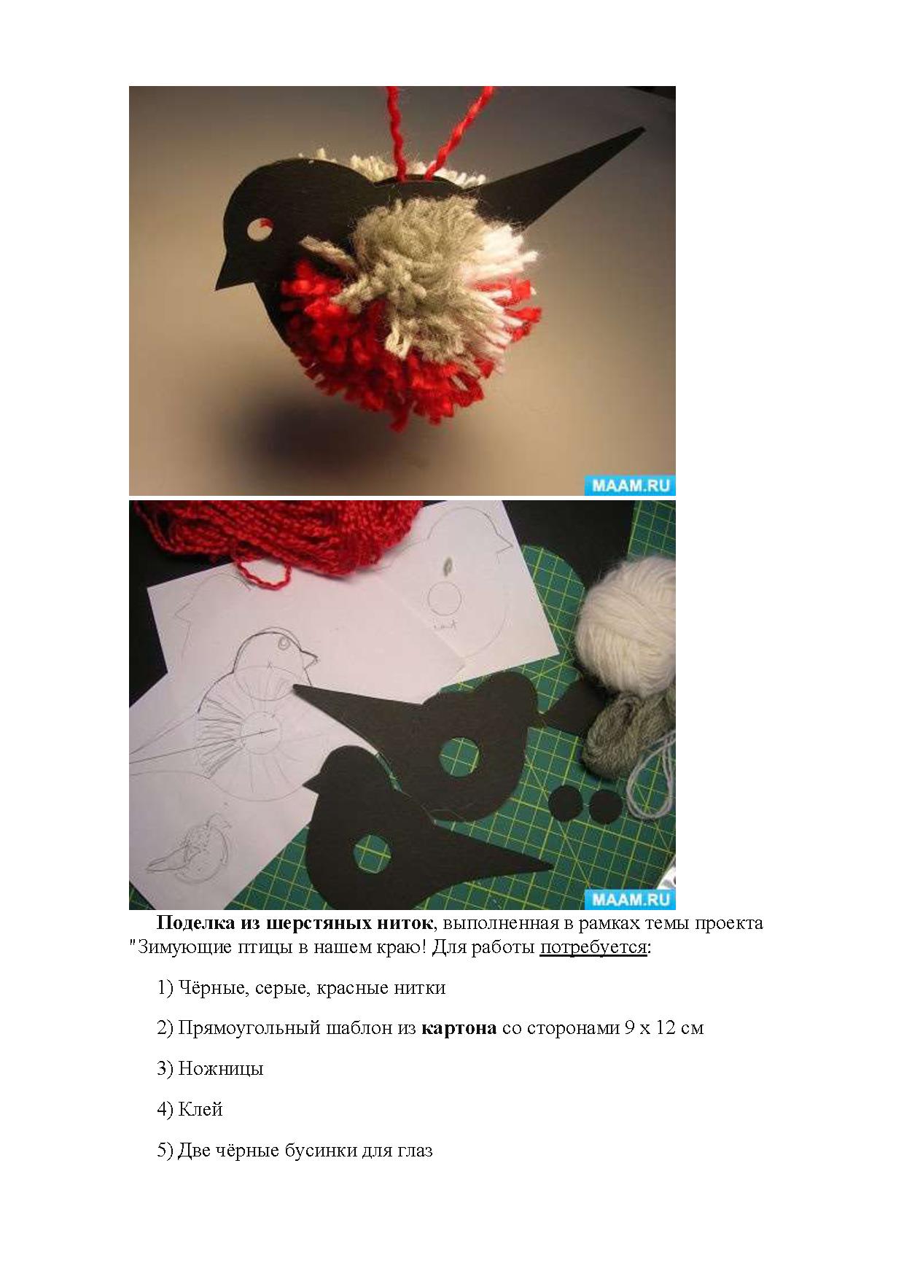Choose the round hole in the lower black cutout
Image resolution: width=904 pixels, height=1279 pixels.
pyautogui.click(x=373, y=853)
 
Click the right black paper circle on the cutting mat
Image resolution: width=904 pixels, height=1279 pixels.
pyautogui.click(x=605, y=806)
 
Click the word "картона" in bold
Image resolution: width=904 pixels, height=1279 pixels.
pyautogui.click(x=459, y=1028)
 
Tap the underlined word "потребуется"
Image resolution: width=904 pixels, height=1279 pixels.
pyautogui.click(x=593, y=947)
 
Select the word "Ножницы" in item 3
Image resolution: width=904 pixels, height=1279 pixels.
pyautogui.click(x=221, y=1069)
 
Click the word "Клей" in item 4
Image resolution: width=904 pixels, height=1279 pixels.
pyautogui.click(x=200, y=1109)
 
